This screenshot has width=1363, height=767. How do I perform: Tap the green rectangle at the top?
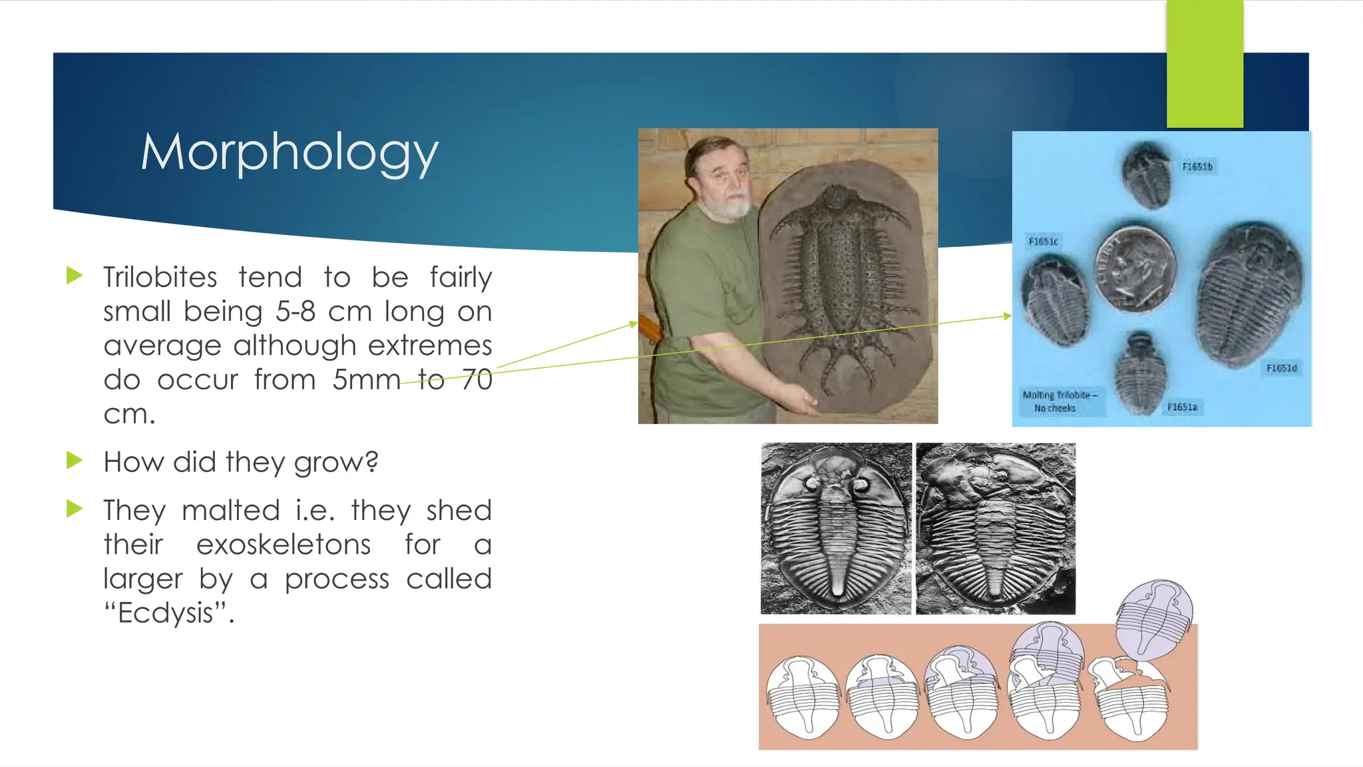point(1205,64)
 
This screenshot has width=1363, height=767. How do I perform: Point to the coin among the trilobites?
point(1135,268)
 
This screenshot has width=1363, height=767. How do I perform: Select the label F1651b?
point(1197,166)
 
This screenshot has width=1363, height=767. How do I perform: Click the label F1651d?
point(1281,368)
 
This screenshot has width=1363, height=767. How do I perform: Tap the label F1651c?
point(1043,241)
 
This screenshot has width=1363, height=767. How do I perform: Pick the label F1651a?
point(1182,407)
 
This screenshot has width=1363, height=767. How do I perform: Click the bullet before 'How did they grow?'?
point(75,461)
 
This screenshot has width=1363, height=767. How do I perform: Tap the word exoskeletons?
point(284,545)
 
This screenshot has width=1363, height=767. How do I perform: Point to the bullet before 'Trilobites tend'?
point(75,276)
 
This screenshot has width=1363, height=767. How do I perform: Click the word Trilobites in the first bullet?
point(160,277)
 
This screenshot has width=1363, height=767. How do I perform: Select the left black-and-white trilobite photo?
point(836,529)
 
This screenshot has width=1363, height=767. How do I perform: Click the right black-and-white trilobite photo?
point(995,529)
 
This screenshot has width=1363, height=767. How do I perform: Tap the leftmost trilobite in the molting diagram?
point(802,696)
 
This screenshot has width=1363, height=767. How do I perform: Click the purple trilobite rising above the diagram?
point(1154,618)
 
